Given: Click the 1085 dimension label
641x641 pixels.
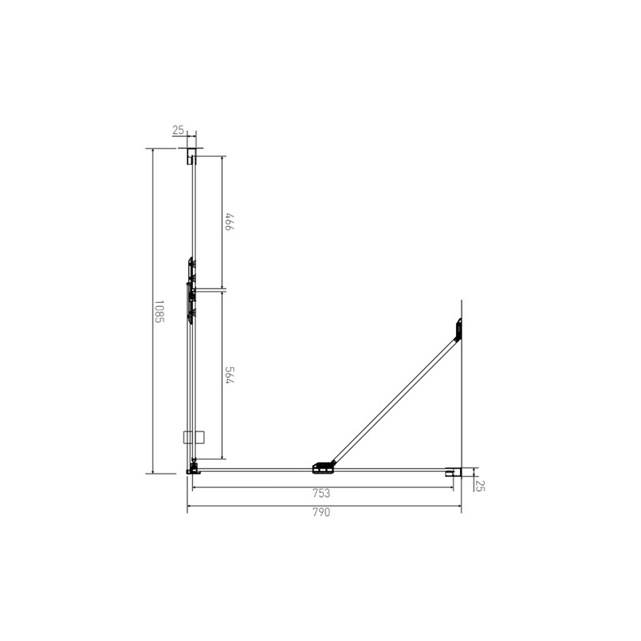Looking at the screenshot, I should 159,311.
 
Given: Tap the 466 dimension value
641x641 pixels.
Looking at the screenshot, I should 228,222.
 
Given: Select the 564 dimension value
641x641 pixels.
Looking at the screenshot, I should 228,377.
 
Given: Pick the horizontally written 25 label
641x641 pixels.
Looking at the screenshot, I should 178,130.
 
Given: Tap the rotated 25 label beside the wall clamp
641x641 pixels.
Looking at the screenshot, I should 480,485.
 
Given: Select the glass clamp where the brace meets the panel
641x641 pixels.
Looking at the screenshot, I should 323,466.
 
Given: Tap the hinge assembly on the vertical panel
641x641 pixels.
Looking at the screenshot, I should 191,290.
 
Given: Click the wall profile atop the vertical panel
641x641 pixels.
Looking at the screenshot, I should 191,155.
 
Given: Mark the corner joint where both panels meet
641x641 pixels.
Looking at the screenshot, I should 192,468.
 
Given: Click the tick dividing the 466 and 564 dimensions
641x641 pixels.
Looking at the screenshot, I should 222,289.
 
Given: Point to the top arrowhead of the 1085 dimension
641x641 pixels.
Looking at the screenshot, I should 152,151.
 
